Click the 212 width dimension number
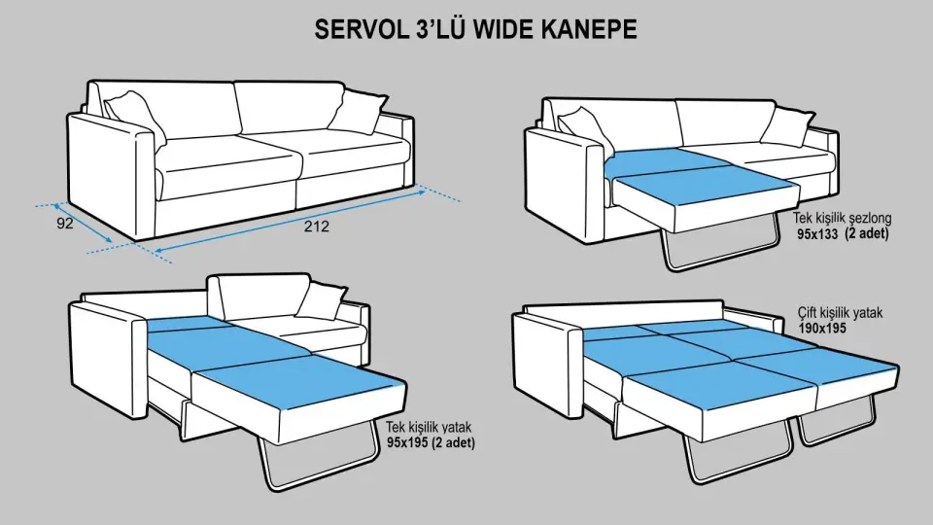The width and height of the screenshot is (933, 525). click(x=315, y=227)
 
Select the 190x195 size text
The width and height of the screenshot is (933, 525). click(x=822, y=329)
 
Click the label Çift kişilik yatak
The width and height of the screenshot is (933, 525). click(x=847, y=314)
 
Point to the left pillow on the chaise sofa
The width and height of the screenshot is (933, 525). click(x=583, y=125)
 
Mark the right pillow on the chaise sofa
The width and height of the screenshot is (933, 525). click(x=786, y=125)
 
